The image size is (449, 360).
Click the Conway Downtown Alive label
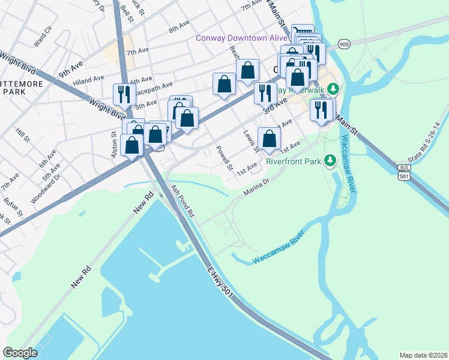[x=242, y=38]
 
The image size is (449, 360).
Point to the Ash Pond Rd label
[x=183, y=201]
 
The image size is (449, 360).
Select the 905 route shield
[x=344, y=44]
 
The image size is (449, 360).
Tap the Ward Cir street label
[x=44, y=37]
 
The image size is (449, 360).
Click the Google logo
[x=20, y=353]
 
